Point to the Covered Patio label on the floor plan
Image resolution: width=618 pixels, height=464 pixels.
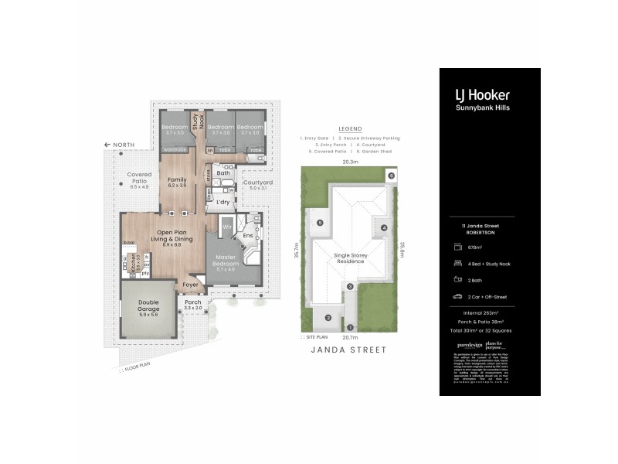139,179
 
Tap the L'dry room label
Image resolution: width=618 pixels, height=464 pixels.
226,202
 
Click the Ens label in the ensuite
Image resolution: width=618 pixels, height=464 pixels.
248,235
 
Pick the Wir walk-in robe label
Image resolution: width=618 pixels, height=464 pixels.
227,227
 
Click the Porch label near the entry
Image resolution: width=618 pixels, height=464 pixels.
192,304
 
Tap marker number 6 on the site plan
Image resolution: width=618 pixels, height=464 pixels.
392,176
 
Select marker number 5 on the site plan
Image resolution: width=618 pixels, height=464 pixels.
319,223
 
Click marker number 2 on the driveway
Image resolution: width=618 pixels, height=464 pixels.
328,317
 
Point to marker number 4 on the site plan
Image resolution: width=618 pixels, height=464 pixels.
382,227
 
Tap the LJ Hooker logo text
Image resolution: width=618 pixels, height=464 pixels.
481,95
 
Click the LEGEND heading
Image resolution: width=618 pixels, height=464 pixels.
349,129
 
